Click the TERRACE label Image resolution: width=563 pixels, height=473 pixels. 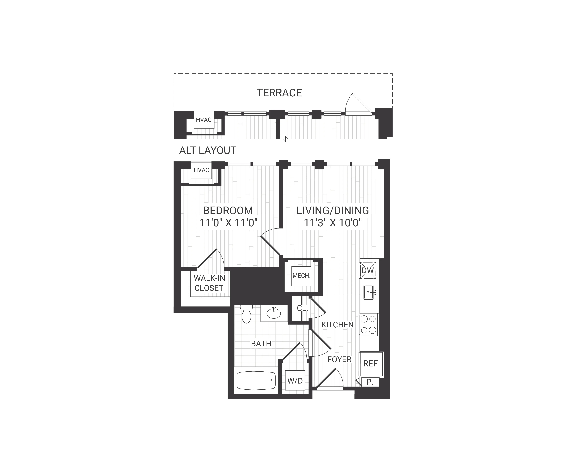pyautogui.click(x=279, y=93)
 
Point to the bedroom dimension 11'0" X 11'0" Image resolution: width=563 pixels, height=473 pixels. pyautogui.click(x=228, y=223)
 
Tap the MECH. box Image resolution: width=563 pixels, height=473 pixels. pyautogui.click(x=301, y=276)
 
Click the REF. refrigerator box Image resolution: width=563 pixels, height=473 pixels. pyautogui.click(x=371, y=364)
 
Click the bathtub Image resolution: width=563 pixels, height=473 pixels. pyautogui.click(x=256, y=380)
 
